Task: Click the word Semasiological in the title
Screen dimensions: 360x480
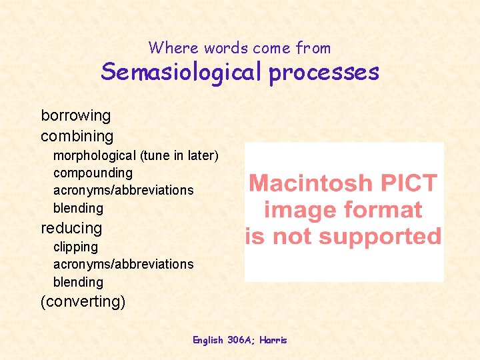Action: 182,72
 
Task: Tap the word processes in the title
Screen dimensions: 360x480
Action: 324,72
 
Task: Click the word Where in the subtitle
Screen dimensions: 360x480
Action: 174,48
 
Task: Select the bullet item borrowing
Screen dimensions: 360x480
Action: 76,115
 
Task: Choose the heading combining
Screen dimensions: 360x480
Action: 77,137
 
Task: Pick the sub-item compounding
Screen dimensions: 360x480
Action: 93,173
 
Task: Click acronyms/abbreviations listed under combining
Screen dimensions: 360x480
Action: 123,191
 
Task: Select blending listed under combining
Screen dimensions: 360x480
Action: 78,208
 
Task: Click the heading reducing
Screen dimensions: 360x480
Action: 71,228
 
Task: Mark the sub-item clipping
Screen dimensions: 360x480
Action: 75,247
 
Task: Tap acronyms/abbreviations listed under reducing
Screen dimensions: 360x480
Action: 123,264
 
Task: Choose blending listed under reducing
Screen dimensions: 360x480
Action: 78,282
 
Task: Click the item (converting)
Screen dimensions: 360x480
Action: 83,301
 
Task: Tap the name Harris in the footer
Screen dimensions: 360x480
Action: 273,340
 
